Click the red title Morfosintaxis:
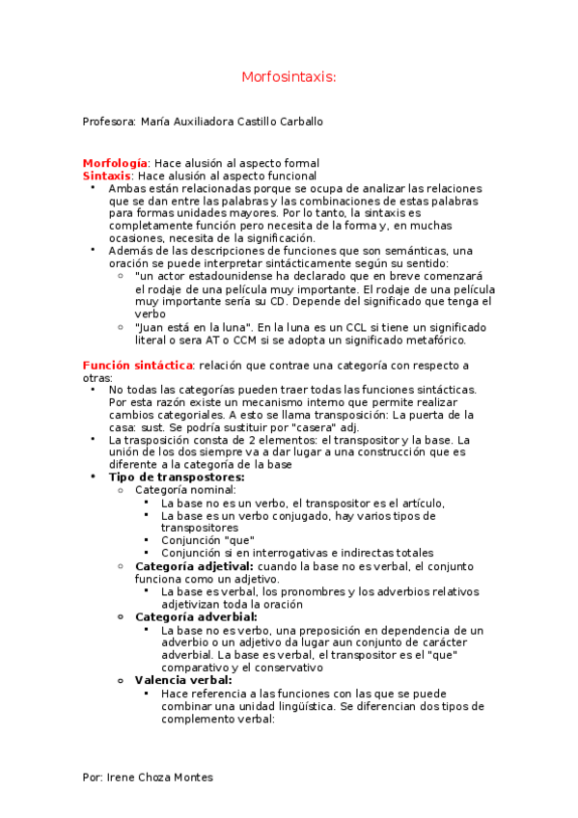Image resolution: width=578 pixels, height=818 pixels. [289, 76]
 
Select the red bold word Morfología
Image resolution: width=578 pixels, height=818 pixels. [115, 163]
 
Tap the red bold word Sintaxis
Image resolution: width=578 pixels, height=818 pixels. [106, 176]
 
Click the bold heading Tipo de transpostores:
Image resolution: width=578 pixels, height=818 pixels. [177, 477]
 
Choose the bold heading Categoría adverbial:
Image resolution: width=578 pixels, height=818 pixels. [196, 616]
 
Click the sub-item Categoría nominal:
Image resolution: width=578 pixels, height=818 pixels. [179, 490]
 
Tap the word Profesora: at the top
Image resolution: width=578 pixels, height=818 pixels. [109, 123]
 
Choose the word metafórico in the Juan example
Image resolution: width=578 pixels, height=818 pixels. [432, 340]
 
